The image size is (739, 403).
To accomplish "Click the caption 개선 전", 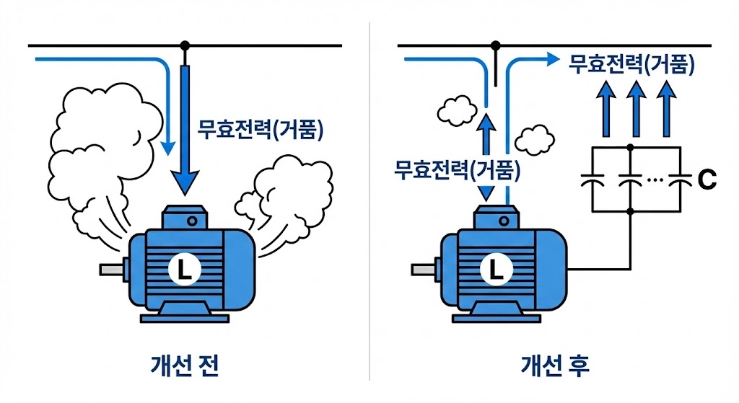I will [185, 366].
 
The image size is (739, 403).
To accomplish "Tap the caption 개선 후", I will [554, 366].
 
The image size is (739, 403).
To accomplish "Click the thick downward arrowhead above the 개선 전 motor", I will [185, 181].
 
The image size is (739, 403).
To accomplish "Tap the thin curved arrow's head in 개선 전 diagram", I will [167, 147].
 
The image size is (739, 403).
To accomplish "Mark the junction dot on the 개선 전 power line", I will [185, 45].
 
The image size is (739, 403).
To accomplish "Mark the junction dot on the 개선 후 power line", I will [497, 45].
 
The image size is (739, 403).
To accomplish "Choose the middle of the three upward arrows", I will [635, 108].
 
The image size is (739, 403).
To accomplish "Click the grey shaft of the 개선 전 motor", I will [112, 270].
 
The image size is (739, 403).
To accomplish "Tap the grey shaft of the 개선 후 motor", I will [423, 270].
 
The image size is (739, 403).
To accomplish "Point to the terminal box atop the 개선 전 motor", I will [185, 216].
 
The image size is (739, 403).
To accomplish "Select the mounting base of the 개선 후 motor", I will [495, 315].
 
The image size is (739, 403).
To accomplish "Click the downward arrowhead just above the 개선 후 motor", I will [485, 193].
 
